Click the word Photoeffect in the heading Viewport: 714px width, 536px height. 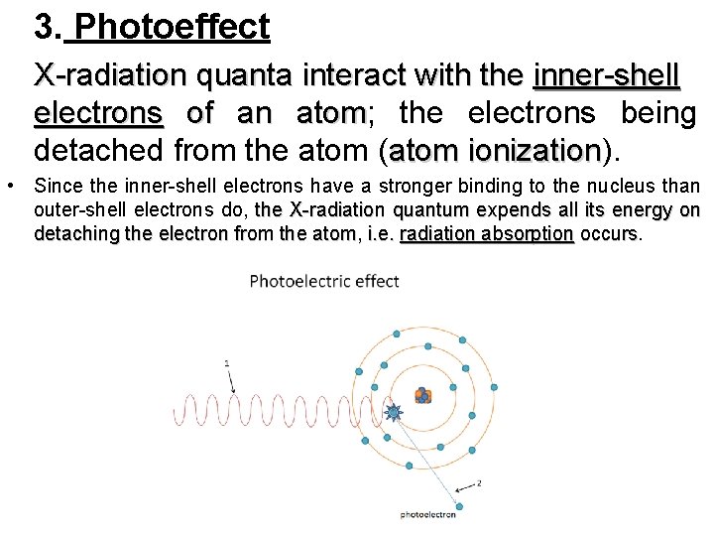click(x=171, y=27)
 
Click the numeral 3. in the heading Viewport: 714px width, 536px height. click(x=48, y=27)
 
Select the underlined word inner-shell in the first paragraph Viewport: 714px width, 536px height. click(x=607, y=75)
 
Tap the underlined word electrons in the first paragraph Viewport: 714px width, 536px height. click(x=98, y=114)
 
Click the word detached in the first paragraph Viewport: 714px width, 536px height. click(x=94, y=152)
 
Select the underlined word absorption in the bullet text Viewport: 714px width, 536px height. click(x=536, y=234)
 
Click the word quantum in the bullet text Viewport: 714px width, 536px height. click(x=422, y=210)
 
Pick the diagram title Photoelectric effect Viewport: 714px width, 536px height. click(x=324, y=281)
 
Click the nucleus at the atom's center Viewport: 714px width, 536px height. click(x=423, y=396)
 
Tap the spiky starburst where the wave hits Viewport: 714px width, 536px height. click(x=393, y=411)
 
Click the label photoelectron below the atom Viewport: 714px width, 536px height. click(x=428, y=514)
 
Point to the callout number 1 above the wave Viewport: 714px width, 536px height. click(x=226, y=363)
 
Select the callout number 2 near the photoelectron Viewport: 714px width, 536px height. click(x=479, y=483)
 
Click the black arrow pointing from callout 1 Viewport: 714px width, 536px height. click(x=233, y=381)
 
